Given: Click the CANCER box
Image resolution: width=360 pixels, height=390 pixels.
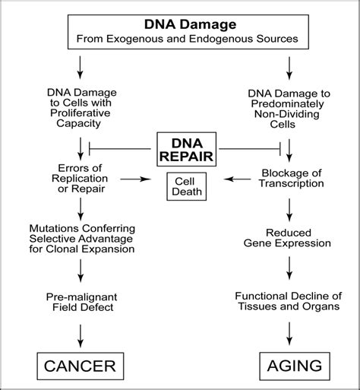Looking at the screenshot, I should click(80, 366).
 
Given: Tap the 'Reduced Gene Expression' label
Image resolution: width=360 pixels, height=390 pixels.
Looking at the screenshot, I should click(289, 237).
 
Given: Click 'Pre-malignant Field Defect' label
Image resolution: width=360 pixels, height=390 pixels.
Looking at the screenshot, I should click(80, 303).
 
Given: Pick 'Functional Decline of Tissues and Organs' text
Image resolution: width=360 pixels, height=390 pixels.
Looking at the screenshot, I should click(289, 302).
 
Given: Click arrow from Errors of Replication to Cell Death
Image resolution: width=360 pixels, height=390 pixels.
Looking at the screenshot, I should click(137, 179).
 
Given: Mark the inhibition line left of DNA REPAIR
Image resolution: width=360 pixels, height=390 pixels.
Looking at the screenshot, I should click(125, 142).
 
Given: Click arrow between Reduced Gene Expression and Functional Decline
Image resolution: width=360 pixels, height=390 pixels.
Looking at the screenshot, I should click(289, 268).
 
